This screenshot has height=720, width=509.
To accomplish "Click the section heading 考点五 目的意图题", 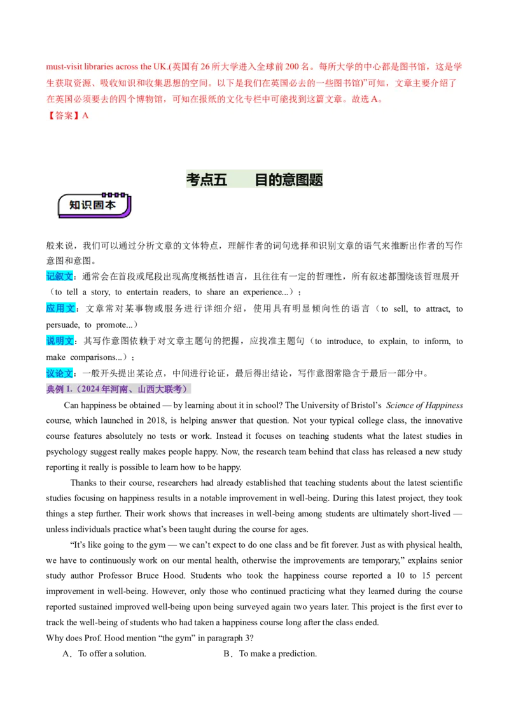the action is tap(254, 179).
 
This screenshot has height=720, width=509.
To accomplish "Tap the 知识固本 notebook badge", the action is tap(95, 205).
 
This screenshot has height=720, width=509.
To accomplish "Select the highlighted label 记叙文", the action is tap(59, 276).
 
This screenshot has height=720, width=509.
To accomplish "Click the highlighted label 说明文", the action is tap(60, 341).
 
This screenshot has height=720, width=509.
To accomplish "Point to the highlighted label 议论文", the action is tap(59, 373).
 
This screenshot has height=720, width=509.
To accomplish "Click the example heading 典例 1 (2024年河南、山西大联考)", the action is tap(118, 389).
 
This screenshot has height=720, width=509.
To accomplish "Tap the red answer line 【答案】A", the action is tap(67, 116).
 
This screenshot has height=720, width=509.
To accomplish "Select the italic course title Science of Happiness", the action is tap(424, 405).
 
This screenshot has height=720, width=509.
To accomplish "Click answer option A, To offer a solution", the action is tap(104, 653).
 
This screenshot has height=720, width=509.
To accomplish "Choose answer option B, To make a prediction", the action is tap(270, 653).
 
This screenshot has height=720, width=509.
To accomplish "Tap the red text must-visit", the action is tap(64, 67).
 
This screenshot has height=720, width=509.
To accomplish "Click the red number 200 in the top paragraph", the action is tap(291, 67).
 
